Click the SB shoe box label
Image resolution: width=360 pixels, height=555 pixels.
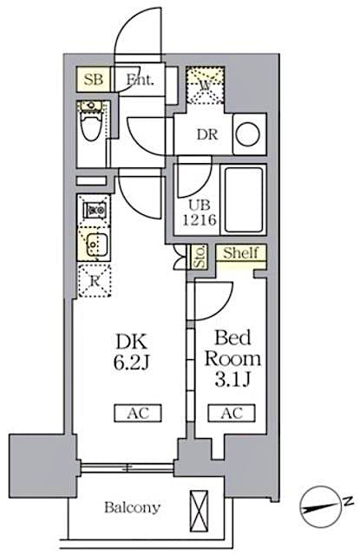point(94,80)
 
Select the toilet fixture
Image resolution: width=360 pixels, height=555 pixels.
point(89,127)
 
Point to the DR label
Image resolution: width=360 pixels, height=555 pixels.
point(207,134)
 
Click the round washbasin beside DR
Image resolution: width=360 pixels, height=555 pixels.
point(247,134)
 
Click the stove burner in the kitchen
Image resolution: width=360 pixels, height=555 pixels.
point(93,211)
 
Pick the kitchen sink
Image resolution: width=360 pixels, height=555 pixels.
point(93,243)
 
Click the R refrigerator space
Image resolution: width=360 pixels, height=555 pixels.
point(93,281)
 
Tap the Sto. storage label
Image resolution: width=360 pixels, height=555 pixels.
point(200,258)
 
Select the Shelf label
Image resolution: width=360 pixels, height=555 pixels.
point(239,254)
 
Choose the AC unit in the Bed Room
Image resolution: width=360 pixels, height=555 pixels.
point(230,413)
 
